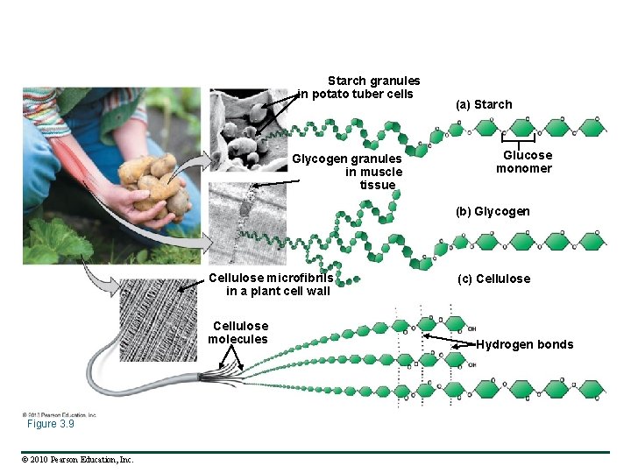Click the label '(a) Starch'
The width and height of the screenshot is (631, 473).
coord(484,104)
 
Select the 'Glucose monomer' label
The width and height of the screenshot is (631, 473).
coord(524,162)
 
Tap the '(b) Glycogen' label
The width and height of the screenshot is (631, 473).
coord(493,212)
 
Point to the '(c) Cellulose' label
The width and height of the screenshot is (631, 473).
coord(493,279)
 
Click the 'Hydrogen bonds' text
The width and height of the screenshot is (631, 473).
coord(524,344)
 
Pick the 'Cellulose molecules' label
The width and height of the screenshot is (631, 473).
coord(238,333)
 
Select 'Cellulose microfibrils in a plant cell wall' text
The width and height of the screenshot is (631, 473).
coord(271,285)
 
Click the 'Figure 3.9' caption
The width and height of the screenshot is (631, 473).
coord(50,424)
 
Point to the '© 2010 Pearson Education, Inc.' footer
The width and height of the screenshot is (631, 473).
coord(78,459)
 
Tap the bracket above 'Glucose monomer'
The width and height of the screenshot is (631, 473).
coord(518,139)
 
